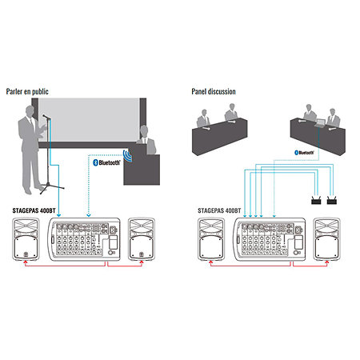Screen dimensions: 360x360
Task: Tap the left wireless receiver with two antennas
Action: tap(314, 202)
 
